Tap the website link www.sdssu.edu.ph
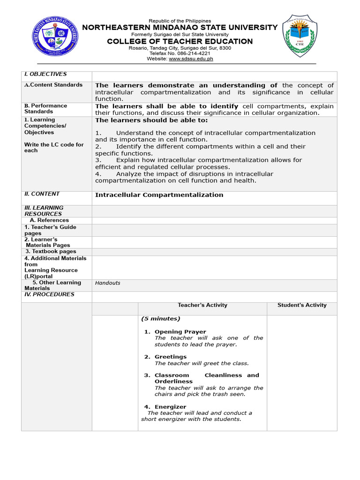[x=191, y=59]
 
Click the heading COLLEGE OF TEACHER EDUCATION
[x=180, y=41]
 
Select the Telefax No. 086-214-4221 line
[x=180, y=53]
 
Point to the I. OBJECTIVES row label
[x=45, y=74]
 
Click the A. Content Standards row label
[x=53, y=85]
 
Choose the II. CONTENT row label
[x=42, y=194]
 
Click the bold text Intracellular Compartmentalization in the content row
[x=159, y=195]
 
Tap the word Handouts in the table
[x=108, y=283]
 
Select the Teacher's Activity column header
[x=202, y=305]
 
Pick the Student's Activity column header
[x=302, y=305]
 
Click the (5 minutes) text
[x=160, y=319]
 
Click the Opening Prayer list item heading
[x=180, y=332]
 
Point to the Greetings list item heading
[x=171, y=357]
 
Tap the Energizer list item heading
[x=170, y=407]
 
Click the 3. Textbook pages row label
[x=51, y=252]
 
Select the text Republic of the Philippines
[x=180, y=21]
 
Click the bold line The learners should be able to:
[x=151, y=120]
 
